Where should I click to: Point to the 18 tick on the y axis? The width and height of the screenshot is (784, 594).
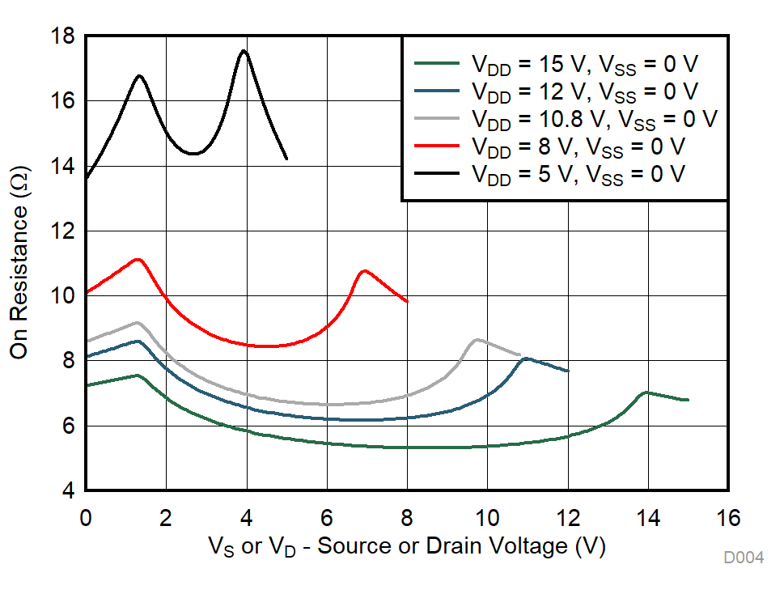coord(62,36)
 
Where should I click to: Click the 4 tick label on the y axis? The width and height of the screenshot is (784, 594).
coord(68,491)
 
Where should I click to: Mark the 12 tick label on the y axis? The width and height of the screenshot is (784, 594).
coord(62,231)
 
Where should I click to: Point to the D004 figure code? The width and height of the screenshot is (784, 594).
coord(744,558)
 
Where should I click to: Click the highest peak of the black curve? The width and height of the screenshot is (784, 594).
coord(244,51)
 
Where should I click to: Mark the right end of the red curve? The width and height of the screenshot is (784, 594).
coord(407,302)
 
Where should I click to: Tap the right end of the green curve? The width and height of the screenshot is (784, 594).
coord(688,400)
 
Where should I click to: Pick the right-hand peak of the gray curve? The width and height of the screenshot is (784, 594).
coord(477,340)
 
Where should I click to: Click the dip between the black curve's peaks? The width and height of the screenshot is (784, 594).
coord(194,153)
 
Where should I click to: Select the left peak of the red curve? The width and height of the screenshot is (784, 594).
coord(138,260)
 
